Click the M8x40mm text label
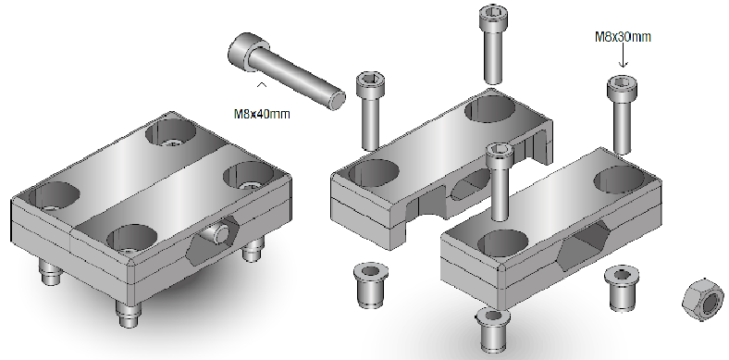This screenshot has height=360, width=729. coord(262,114)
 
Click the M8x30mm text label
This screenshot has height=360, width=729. coord(623,37)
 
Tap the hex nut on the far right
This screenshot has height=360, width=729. coord(703,299)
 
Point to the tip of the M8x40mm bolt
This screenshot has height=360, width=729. coord(337,100)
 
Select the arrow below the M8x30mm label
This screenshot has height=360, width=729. coord(623,56)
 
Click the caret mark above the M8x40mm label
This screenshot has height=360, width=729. coord(262,84)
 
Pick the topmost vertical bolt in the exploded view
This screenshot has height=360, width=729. coord(493,43)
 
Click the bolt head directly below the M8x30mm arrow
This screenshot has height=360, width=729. coord(622,88)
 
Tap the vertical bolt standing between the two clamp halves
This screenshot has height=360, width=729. coord(500,182)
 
